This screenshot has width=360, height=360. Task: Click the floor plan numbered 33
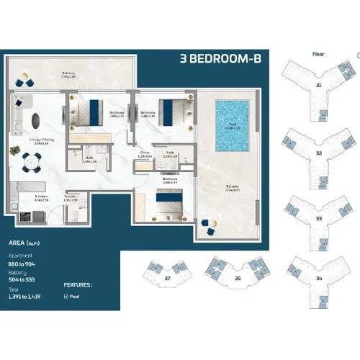(x=318, y=217)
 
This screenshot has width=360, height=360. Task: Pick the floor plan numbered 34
(x=318, y=276)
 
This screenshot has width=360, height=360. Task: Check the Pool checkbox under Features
(x=67, y=295)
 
